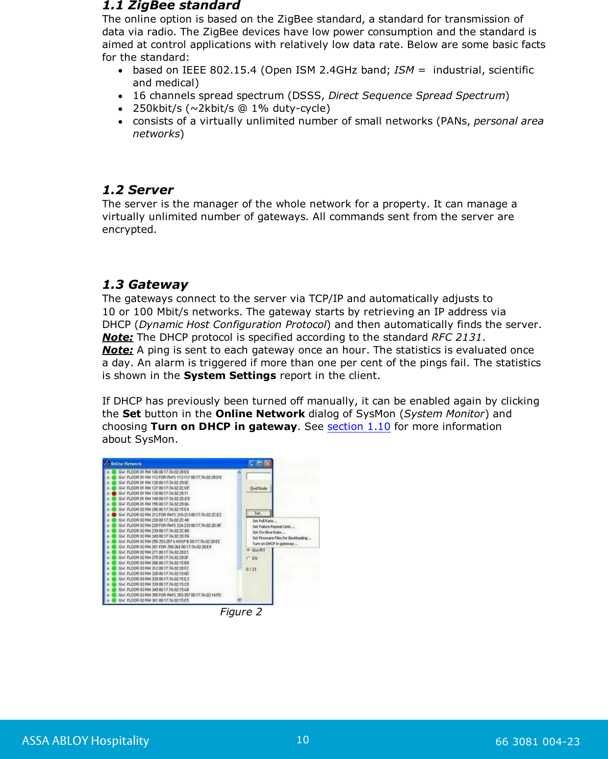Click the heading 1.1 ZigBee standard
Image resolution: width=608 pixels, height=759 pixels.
tap(171, 6)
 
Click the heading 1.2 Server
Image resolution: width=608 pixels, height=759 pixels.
tap(138, 190)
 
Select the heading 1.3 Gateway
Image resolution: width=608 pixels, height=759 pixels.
tap(145, 285)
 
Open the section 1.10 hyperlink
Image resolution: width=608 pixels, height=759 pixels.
tap(358, 427)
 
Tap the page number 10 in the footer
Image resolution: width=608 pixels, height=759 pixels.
tap(303, 740)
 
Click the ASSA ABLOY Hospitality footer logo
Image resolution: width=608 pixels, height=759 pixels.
tap(85, 740)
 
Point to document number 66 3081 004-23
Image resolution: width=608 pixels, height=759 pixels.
tap(537, 741)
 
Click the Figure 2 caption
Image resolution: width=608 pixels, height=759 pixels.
tap(241, 612)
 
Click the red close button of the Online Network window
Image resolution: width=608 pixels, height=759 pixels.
tap(268, 463)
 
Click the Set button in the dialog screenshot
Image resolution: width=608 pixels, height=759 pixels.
tap(258, 513)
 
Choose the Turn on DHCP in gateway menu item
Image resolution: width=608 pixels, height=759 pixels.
tap(275, 544)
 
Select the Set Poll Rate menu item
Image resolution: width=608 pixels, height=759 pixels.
tap(265, 521)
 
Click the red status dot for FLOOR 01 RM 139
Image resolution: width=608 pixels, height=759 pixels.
tap(114, 494)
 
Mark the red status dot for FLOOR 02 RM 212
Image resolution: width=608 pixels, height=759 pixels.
tap(114, 515)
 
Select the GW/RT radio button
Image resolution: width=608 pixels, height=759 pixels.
tap(249, 550)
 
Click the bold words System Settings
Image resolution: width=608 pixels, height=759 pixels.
tap(230, 376)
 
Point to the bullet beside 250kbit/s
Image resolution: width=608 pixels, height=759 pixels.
tap(120, 109)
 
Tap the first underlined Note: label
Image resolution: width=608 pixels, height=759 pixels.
tap(118, 337)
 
